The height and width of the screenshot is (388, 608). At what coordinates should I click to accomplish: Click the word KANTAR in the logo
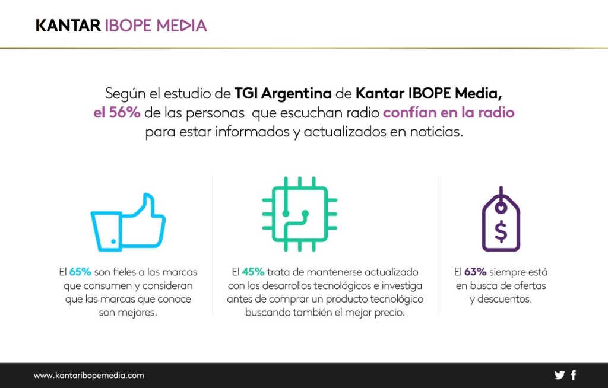pyautogui.click(x=68, y=26)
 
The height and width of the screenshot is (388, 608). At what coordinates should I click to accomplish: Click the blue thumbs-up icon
pyautogui.click(x=128, y=222)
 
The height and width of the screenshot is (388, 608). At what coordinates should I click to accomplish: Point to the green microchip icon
pyautogui.click(x=300, y=214)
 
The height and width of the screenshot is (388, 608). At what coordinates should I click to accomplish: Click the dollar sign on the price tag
pyautogui.click(x=501, y=231)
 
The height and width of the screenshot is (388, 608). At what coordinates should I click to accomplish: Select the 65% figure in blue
pyautogui.click(x=80, y=272)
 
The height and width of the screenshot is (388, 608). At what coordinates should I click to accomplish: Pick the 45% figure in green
pyautogui.click(x=253, y=272)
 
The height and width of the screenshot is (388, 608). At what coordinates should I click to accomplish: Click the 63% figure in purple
pyautogui.click(x=475, y=272)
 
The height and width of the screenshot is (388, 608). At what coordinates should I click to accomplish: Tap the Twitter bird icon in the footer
pyautogui.click(x=559, y=375)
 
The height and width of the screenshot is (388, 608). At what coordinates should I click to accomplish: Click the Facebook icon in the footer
pyautogui.click(x=574, y=375)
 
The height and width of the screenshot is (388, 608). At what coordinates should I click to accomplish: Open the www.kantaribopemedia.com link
pyautogui.click(x=89, y=376)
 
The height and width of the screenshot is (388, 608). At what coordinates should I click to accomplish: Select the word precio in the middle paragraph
pyautogui.click(x=388, y=313)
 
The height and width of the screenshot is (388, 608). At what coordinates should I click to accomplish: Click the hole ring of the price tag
pyautogui.click(x=501, y=208)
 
